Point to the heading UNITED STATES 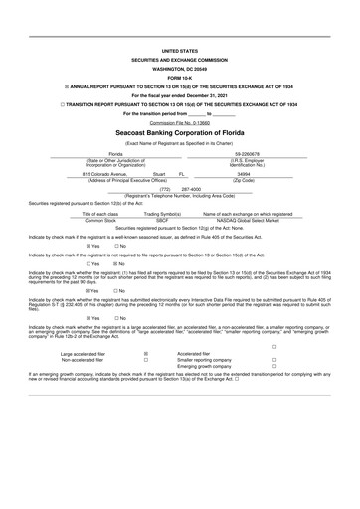tap(179, 49)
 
